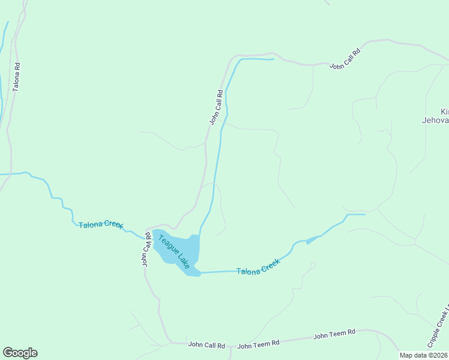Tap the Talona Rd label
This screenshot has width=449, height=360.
click(17, 76)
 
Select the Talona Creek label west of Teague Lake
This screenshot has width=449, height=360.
click(101, 225)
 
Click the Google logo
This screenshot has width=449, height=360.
click(20, 353)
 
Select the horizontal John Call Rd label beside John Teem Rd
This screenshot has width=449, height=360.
click(206, 345)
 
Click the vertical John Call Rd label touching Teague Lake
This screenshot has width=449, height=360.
click(146, 249)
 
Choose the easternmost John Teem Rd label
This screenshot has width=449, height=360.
click(334, 334)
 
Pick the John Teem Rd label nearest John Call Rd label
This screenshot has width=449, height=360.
click(259, 344)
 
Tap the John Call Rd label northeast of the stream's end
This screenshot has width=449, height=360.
click(345, 59)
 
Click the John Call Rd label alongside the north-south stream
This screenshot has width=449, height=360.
click(216, 107)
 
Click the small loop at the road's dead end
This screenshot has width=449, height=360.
click(313, 265)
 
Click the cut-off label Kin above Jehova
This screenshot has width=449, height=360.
click(444, 112)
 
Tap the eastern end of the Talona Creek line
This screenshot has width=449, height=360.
click(364, 214)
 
